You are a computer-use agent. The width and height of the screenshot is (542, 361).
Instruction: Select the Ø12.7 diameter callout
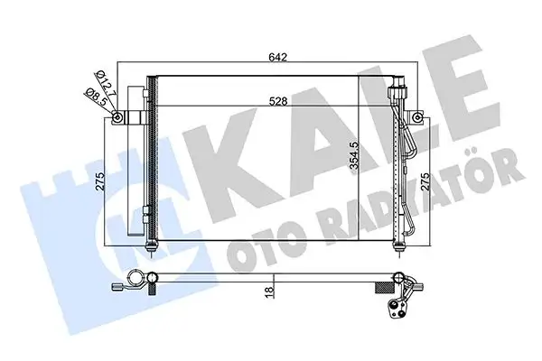coord(106,83)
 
